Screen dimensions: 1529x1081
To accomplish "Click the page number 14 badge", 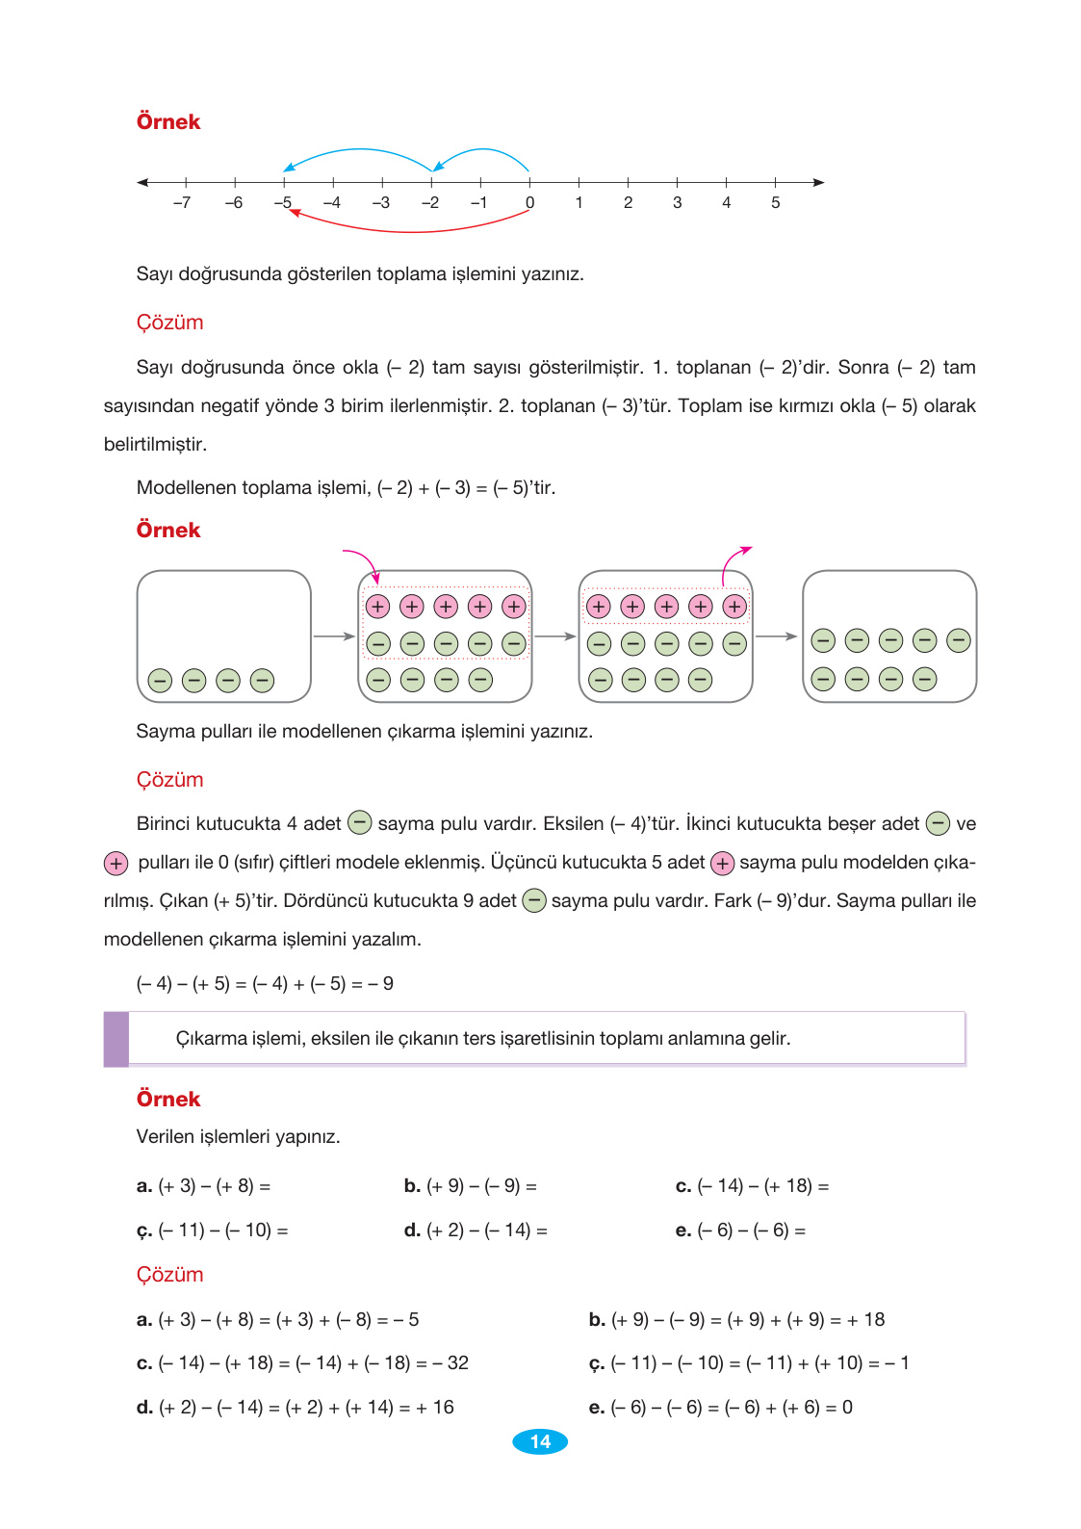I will [x=540, y=1441].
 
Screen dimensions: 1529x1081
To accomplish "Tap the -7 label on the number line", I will [x=182, y=203].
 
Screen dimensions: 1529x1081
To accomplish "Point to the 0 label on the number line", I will [x=529, y=203].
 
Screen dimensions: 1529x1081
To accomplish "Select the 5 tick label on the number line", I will [x=775, y=203].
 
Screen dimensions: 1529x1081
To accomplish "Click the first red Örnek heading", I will [x=168, y=122].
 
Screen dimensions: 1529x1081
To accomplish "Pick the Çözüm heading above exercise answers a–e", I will [x=169, y=1275].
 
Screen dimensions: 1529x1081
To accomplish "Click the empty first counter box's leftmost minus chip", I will [x=160, y=681].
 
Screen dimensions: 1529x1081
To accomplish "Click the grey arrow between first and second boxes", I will [x=334, y=636].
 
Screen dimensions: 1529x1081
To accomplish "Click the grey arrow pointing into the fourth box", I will [x=777, y=636].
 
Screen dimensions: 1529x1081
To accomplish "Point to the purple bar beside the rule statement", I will [x=116, y=1039].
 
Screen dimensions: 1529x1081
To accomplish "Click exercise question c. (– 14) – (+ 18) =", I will [x=752, y=1186].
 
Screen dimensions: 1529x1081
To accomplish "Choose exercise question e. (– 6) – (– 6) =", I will [x=740, y=1231].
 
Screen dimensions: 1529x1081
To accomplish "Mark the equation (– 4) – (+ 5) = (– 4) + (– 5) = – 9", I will [x=265, y=984].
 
